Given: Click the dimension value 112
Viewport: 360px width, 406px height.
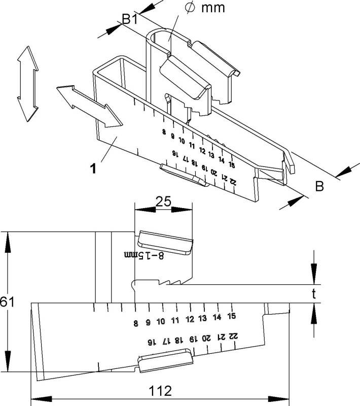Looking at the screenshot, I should (x=160, y=391).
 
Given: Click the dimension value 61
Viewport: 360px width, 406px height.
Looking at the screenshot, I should (x=7, y=301).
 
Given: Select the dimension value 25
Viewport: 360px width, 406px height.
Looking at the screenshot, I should (x=163, y=201).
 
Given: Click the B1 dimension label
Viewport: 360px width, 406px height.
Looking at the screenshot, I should (x=129, y=21).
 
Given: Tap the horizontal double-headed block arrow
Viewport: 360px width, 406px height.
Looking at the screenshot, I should (x=89, y=106).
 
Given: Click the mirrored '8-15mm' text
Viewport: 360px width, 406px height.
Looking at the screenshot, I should (x=145, y=255).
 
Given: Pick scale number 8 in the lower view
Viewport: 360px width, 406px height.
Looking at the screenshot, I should (x=136, y=322).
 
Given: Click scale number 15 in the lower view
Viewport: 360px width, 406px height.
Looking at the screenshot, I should (x=231, y=316).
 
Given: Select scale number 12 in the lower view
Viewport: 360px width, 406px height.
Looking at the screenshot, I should (x=190, y=319).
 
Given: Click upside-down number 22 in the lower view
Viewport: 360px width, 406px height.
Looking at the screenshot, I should (x=234, y=335).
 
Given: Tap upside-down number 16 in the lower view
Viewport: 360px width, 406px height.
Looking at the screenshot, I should (x=151, y=342).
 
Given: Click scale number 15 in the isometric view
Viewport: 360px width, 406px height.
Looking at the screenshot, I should (x=231, y=165).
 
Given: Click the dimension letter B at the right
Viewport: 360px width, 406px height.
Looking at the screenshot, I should (x=319, y=187).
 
